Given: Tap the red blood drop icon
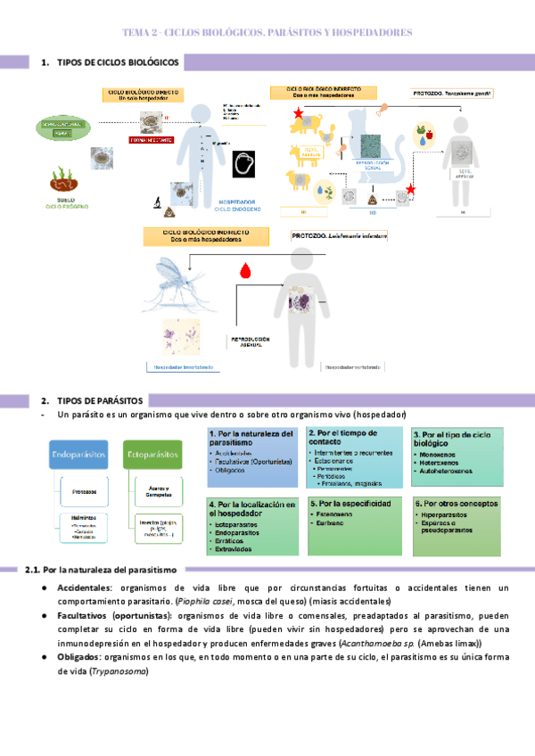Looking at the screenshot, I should [243, 269].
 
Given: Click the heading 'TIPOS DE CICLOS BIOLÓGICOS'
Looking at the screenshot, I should [117, 63].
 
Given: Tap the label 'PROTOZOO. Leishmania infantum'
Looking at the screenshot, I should [340, 236].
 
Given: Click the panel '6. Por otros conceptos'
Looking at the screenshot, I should [458, 525].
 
